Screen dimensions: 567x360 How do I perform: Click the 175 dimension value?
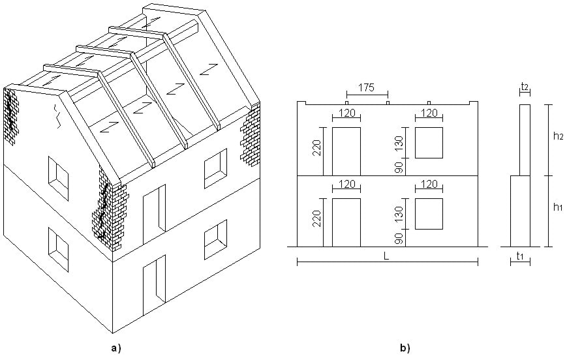pos(367,88)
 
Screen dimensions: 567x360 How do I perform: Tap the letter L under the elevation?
pos(386,256)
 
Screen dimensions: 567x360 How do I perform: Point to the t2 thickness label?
pos(525,86)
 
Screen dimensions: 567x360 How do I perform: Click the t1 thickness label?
pos(520,256)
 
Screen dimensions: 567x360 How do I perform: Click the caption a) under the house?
pos(115,348)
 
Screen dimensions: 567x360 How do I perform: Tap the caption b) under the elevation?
pos(405,348)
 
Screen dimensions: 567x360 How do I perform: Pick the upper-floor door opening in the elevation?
pos(346,151)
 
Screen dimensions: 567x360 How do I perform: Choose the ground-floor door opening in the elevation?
pos(346,222)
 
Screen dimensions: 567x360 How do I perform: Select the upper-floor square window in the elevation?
pos(429,143)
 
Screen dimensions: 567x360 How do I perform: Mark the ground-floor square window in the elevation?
pos(429,214)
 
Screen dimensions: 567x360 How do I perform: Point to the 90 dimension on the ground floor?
pos(399,239)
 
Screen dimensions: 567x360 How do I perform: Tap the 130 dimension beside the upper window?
pos(399,143)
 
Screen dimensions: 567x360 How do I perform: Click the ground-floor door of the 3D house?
pos(155,286)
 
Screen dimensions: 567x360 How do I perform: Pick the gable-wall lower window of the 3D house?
pos(58,250)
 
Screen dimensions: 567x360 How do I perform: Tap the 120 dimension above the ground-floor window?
pos(429,185)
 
